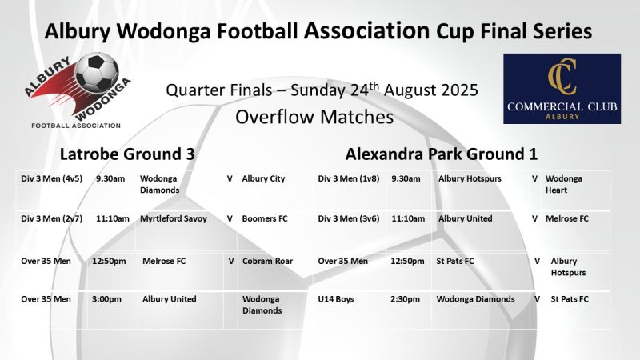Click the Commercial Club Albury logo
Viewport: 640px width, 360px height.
click(562, 89)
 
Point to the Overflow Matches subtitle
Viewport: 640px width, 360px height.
click(314, 117)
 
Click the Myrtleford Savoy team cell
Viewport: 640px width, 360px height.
click(174, 218)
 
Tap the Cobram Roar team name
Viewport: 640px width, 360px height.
click(267, 261)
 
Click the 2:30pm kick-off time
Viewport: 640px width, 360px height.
click(406, 299)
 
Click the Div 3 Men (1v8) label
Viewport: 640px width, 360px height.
click(349, 178)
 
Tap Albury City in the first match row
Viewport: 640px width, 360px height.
click(263, 178)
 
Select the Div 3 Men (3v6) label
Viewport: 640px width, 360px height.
click(349, 218)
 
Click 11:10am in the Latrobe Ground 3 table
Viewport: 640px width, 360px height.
click(112, 218)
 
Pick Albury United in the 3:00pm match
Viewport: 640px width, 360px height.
click(169, 299)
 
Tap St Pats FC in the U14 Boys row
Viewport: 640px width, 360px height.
click(570, 299)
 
